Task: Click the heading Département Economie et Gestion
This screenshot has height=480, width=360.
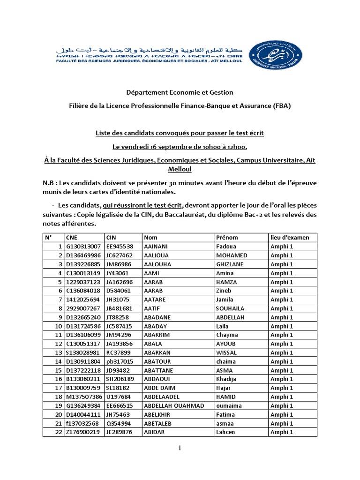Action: [180, 92]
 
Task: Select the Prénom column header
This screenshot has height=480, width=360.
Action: [225, 238]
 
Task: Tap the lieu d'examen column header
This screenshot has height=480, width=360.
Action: [290, 238]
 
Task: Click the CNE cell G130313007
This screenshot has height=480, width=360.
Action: [83, 247]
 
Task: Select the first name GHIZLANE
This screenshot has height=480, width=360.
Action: [230, 264]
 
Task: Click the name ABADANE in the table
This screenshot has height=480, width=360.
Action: [158, 317]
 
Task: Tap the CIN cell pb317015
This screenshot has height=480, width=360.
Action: [120, 361]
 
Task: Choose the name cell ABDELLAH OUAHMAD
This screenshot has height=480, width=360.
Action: [174, 405]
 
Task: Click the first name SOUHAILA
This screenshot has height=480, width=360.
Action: [230, 308]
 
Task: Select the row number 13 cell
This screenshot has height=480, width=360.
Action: [59, 352]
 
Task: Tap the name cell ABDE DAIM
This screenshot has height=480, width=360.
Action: [159, 388]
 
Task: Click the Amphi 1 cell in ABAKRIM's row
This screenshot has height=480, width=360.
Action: [282, 335]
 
